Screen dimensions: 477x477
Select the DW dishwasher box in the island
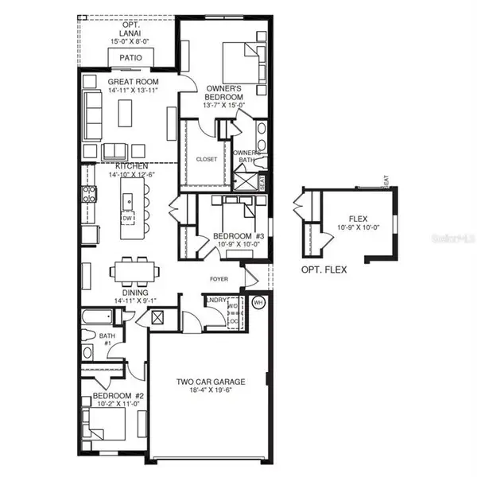pos(127,216)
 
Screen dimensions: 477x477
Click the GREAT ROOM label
pos(134,82)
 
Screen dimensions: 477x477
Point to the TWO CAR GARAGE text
pos(210,382)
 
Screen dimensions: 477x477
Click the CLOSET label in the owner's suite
pos(206,159)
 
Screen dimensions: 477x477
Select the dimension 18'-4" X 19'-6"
pos(210,391)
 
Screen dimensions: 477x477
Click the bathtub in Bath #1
pos(99,320)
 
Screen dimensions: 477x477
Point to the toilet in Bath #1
pos(87,351)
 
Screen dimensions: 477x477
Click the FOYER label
pos(219,279)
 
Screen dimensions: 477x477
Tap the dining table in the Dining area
pos(132,270)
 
